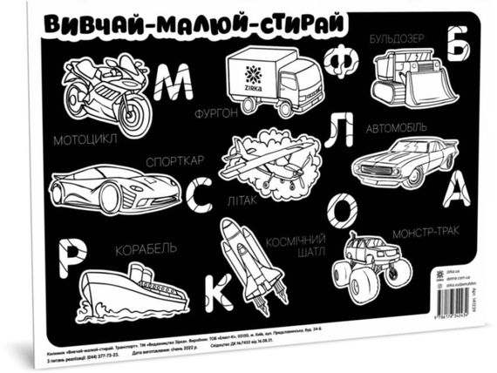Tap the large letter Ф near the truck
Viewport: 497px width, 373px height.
click(340, 61)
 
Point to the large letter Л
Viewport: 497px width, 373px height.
click(343, 130)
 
